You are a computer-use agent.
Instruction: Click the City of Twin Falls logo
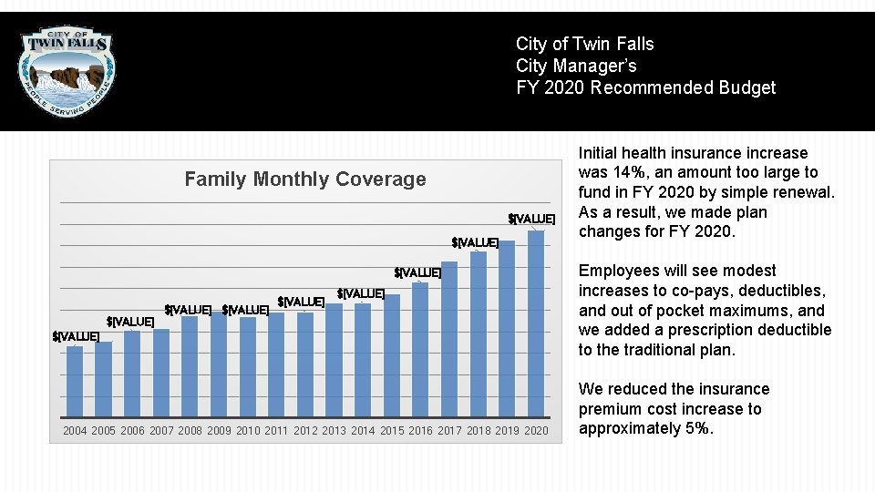click(68, 70)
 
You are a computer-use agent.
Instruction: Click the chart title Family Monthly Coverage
click(304, 179)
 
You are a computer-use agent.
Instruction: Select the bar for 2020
click(536, 323)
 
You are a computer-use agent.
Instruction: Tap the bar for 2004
click(75, 381)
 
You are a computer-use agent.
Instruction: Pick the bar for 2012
click(304, 364)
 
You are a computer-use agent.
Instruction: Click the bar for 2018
click(478, 333)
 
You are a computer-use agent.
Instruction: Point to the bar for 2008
click(190, 366)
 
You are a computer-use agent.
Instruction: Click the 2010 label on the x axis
click(248, 431)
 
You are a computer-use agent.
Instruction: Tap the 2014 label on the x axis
click(363, 431)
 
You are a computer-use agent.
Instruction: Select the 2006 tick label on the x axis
click(132, 431)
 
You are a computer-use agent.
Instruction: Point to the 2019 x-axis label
click(508, 431)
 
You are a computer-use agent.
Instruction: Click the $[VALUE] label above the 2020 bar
click(531, 219)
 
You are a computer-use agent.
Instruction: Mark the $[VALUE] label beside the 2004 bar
click(77, 337)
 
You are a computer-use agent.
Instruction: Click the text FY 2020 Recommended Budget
click(645, 88)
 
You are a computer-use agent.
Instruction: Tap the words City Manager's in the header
click(576, 67)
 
